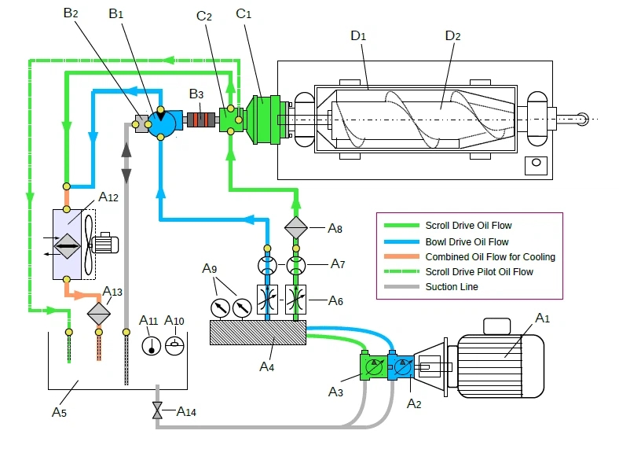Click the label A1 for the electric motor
(x=542, y=318)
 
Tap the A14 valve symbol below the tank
(x=157, y=410)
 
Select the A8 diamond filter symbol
(x=296, y=228)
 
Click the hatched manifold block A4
(x=258, y=333)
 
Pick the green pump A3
(x=375, y=367)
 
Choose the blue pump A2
(x=403, y=367)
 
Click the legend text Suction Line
(x=452, y=287)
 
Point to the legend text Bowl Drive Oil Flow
(x=467, y=241)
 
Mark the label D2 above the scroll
(x=452, y=36)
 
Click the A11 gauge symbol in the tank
(x=151, y=346)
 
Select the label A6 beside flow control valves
(x=336, y=300)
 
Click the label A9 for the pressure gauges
(x=210, y=269)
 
